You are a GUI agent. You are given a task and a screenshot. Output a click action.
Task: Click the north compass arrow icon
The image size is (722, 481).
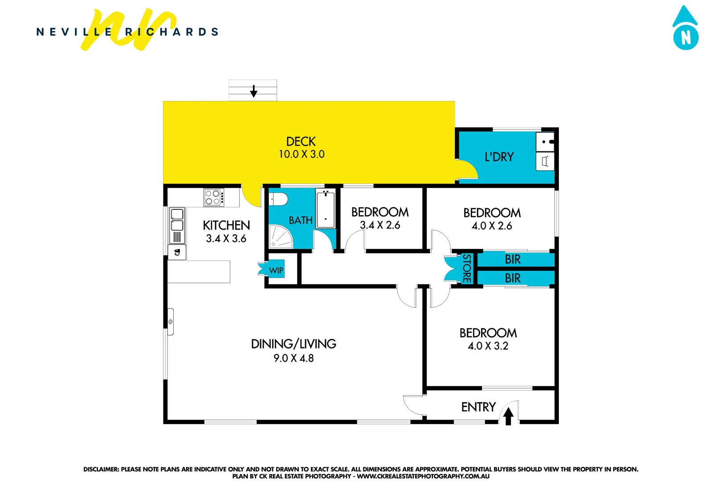pos(685,28)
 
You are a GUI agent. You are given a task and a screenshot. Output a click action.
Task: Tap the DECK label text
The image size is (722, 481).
pos(301,142)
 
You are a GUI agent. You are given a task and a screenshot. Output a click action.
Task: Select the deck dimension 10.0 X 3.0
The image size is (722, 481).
pos(302,155)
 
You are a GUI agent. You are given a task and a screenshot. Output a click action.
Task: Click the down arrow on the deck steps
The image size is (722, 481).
pos(253,91)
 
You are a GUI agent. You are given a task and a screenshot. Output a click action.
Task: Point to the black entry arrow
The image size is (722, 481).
pos(508,416)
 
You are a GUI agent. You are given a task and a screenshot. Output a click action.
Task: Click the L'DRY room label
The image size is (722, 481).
pos(499,157)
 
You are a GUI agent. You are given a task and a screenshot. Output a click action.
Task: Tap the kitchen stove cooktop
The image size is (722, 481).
pos(213,197)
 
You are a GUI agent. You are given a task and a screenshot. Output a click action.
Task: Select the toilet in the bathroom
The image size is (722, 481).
pos(279,199)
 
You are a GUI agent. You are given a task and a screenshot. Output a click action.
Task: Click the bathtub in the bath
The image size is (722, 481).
pos(326,208)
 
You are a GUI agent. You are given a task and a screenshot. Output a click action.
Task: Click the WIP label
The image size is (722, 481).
pos(276,270)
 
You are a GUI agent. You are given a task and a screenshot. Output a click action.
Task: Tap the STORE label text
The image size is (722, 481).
pos(466,269)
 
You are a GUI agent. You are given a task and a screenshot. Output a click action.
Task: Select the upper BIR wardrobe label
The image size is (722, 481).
pos(513,259)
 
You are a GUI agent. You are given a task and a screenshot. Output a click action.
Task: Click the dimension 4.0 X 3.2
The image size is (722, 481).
pos(488,346)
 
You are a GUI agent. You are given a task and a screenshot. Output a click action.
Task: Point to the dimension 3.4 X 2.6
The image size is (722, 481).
pos(380,225)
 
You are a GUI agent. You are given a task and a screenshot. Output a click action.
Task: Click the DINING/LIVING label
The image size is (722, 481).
pos(294,344)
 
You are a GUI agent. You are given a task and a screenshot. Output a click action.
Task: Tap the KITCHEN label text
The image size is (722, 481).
pos(226,225)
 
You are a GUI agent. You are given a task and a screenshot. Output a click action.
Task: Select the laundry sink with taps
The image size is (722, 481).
pos(546,142)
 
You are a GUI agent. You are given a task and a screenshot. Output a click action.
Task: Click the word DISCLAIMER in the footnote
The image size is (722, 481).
pos(101,469)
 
